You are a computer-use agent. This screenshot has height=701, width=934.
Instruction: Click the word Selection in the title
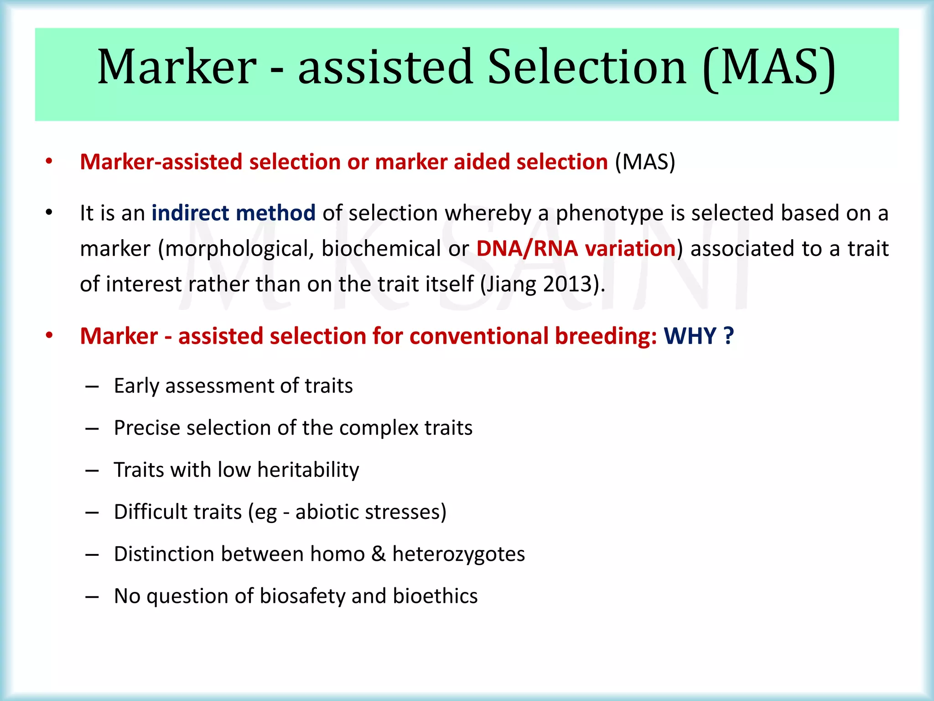[x=586, y=67]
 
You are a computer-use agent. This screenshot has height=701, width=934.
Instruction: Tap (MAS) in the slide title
[x=769, y=67]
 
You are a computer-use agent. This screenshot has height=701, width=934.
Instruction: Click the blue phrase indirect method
[x=233, y=213]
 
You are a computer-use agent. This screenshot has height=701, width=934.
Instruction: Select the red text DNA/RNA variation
[x=576, y=249]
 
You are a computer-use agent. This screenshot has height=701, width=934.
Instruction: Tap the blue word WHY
[x=690, y=336]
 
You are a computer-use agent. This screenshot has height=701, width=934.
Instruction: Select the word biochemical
[x=381, y=249]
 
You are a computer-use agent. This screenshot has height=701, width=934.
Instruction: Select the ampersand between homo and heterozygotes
[x=378, y=554]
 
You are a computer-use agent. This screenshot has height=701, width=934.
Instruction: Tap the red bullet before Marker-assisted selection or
[x=49, y=162]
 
